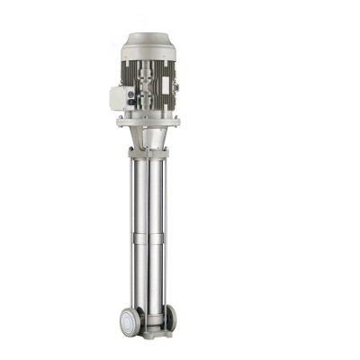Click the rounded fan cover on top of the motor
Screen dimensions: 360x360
pyautogui.click(x=148, y=44)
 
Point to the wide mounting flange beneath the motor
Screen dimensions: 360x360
pyautogui.click(x=148, y=121)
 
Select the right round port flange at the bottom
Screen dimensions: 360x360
pyautogui.click(x=171, y=317)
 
